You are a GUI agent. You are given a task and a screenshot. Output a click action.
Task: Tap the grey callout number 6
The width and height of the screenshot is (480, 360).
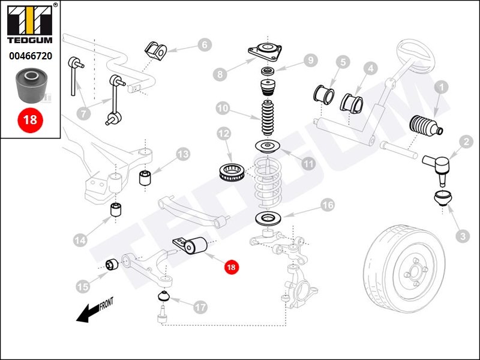[x=203, y=44]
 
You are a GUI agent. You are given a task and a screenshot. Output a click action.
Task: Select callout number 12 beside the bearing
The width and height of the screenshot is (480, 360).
[x=224, y=134]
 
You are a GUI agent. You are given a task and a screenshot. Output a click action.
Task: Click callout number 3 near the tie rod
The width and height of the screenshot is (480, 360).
[x=461, y=236]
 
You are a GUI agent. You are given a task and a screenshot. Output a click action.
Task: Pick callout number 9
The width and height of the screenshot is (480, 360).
[x=310, y=60]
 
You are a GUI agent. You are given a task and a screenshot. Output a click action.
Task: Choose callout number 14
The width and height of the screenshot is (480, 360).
[x=80, y=240]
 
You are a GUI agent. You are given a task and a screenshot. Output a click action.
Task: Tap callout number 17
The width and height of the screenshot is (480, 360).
[x=200, y=307]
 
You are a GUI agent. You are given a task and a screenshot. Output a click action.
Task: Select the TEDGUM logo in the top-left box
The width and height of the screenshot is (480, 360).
[x=30, y=27]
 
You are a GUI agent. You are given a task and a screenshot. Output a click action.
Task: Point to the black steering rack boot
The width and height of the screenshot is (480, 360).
[x=425, y=125]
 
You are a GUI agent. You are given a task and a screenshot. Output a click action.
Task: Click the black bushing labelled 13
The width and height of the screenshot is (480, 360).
[x=145, y=178]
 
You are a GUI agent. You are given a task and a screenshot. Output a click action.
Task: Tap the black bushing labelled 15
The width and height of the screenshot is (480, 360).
[x=110, y=265]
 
